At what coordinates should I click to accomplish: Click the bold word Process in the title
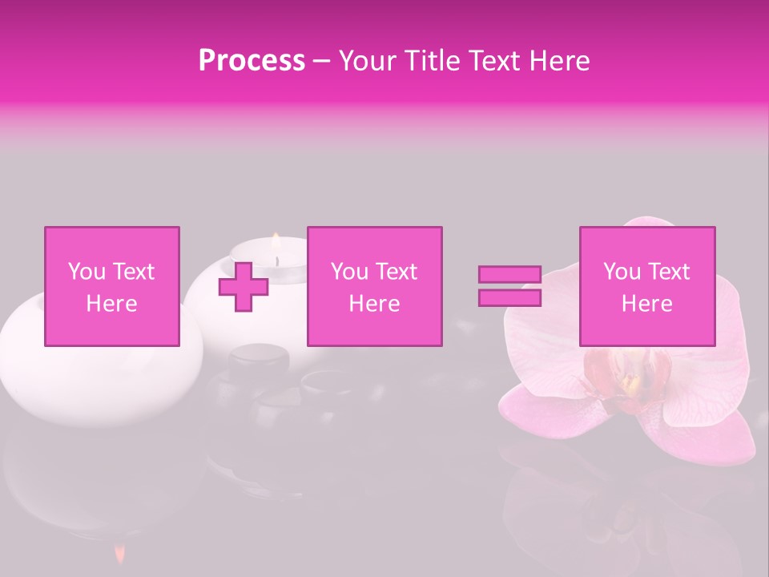pyautogui.click(x=252, y=61)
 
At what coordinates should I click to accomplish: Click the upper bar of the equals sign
pyautogui.click(x=509, y=275)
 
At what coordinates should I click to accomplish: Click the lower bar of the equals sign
pyautogui.click(x=509, y=298)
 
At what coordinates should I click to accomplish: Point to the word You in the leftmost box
pyautogui.click(x=87, y=272)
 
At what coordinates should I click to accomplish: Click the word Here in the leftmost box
pyautogui.click(x=111, y=304)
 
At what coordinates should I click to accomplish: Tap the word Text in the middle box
pyautogui.click(x=397, y=272)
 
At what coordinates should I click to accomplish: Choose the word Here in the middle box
pyautogui.click(x=374, y=304)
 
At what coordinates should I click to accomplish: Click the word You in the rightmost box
pyautogui.click(x=622, y=272)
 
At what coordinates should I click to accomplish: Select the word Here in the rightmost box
pyautogui.click(x=646, y=304)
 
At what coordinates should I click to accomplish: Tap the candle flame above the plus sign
pyautogui.click(x=275, y=240)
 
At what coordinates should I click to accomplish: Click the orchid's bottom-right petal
pyautogui.click(x=705, y=433)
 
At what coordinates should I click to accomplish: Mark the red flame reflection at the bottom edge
pyautogui.click(x=119, y=553)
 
